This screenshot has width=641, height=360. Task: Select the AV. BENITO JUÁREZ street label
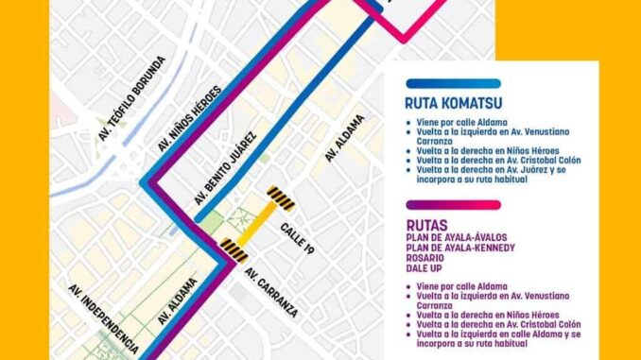(x=226, y=166)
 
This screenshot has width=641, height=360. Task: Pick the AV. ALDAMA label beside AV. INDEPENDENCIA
(x=179, y=301)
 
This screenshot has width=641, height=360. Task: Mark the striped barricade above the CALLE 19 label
(x=280, y=197)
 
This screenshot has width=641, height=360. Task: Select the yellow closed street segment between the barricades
(x=256, y=224)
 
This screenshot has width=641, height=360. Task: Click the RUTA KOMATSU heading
(x=453, y=102)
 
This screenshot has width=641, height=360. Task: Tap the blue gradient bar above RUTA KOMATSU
(x=453, y=83)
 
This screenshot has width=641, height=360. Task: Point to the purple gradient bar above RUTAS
(x=453, y=204)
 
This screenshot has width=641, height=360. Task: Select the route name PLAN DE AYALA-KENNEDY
(x=460, y=248)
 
